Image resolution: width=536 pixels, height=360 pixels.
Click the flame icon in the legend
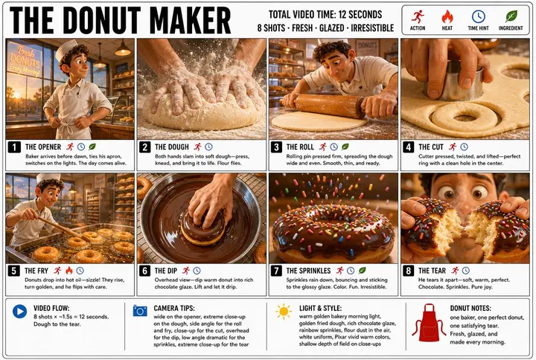click(447, 16)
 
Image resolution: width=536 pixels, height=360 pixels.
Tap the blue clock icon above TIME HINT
click(478, 16)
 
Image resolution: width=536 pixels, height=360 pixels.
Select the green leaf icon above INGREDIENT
click(511, 16)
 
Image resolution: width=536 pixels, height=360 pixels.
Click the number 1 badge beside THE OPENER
click(14, 147)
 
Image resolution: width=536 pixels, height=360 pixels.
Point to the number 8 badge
click(408, 271)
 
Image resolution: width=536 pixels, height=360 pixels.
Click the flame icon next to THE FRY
click(69, 271)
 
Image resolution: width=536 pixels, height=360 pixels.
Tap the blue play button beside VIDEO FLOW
click(19, 311)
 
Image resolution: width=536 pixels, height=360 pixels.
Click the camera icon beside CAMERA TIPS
click(140, 311)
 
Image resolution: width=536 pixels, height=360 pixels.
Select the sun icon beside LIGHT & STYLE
click(284, 312)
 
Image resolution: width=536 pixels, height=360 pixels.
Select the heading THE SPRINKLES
click(308, 271)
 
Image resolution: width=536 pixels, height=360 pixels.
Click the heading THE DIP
click(166, 271)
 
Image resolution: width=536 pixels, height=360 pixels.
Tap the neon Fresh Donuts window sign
click(25, 61)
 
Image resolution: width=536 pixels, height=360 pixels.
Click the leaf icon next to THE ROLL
click(345, 147)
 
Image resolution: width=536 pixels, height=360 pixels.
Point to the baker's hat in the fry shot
click(48, 178)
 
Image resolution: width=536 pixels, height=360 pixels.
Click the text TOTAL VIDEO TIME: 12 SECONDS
click(325, 14)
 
